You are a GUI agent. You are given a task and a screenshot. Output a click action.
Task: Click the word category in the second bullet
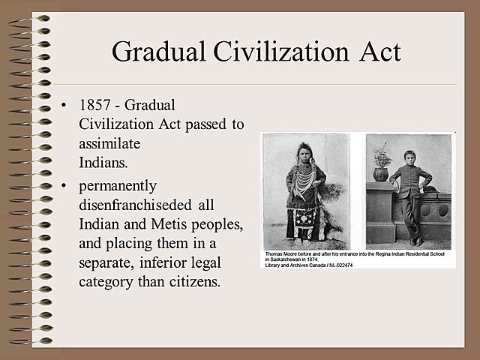pos(108,283)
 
